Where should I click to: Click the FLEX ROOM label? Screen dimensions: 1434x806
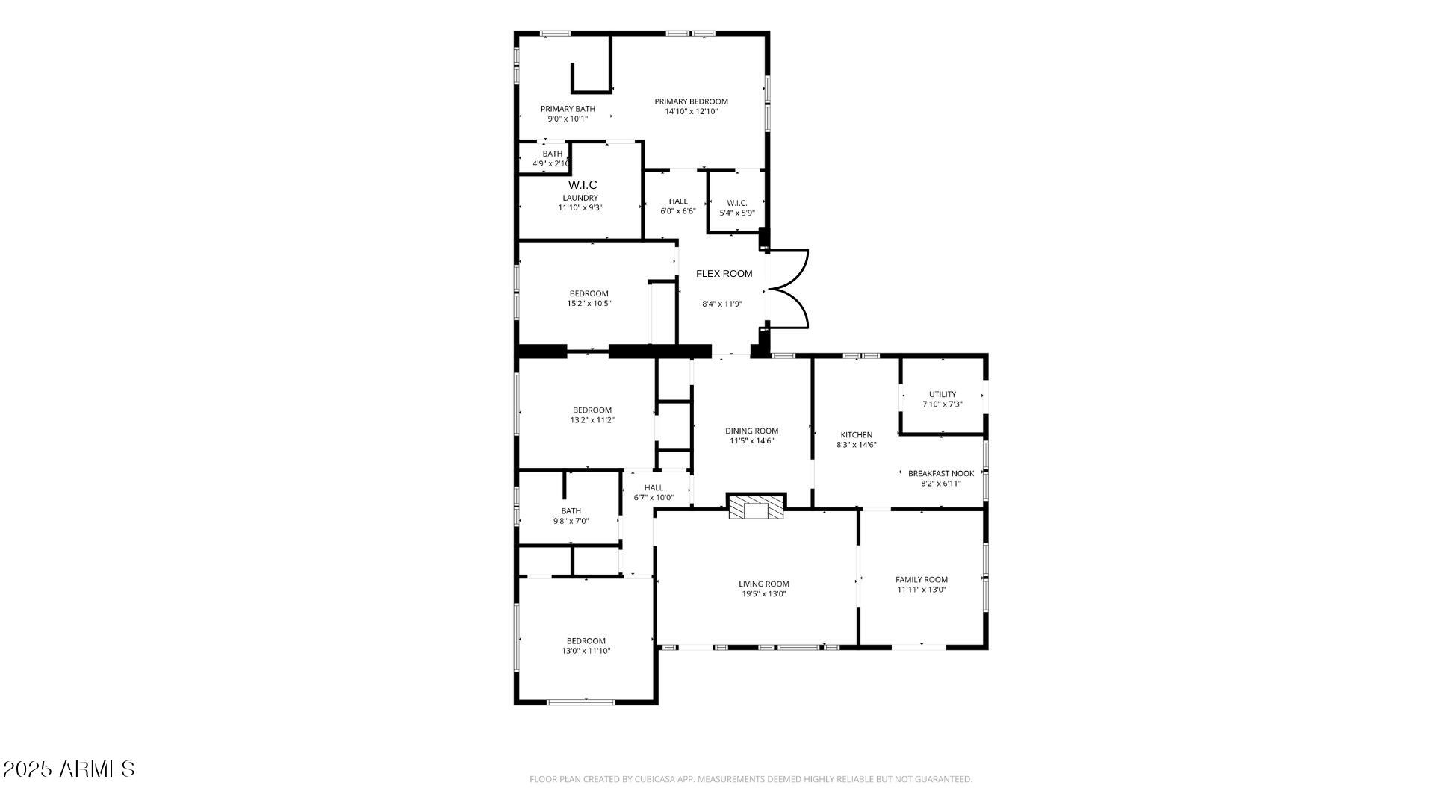pos(724,274)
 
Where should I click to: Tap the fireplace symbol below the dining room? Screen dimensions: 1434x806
pos(757,507)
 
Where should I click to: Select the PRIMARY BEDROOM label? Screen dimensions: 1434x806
pos(691,101)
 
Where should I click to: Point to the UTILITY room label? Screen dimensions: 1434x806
pos(942,394)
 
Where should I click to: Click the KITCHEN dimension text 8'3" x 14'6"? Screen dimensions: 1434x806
pos(856,445)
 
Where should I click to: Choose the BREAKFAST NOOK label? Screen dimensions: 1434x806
pos(941,473)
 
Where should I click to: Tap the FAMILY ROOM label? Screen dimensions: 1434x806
pos(922,579)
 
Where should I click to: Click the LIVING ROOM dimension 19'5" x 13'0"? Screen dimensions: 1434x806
pos(764,594)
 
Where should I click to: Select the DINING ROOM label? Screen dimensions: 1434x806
pos(751,431)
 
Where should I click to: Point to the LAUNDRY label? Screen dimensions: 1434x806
pos(580,198)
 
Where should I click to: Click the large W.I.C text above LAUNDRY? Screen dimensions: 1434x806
pos(583,185)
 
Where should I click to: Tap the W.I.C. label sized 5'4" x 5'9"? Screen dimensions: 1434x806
pos(737,203)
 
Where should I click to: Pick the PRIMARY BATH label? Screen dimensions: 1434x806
pos(568,109)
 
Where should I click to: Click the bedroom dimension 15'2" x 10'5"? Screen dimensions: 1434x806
pos(589,304)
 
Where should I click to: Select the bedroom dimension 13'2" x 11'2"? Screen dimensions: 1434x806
pos(592,420)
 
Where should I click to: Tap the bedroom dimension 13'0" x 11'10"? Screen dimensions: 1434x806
pos(586,651)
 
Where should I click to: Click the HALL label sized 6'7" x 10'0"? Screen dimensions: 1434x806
pos(654,487)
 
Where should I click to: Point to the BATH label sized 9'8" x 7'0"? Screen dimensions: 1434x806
pos(571,511)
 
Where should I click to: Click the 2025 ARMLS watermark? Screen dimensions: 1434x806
pos(69,769)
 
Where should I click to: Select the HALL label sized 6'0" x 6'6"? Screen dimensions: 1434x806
pos(678,201)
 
